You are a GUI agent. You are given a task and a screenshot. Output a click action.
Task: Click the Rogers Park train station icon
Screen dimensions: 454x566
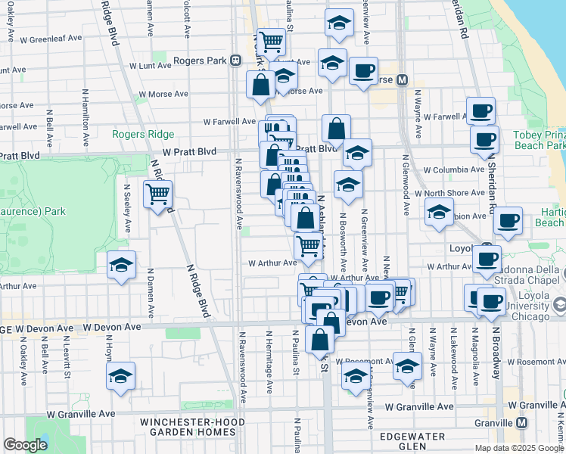point(235,61)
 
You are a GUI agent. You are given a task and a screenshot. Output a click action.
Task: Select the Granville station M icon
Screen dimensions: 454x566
point(521,423)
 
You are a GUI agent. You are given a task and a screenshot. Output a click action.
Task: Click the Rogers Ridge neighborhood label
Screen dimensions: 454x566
point(144,135)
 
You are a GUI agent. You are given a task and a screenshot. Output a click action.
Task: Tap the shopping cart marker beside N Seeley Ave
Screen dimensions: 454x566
point(157,194)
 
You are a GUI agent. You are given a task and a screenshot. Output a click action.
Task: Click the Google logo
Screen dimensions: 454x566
point(25,445)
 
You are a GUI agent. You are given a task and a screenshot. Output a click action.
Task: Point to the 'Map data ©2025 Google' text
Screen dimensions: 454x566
point(518,448)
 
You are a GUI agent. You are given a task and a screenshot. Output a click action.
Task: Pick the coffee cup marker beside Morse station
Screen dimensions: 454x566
point(363,71)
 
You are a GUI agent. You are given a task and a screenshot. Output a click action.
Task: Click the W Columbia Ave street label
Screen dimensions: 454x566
point(453,170)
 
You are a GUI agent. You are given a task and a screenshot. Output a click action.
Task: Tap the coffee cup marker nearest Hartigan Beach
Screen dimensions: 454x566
point(508,221)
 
